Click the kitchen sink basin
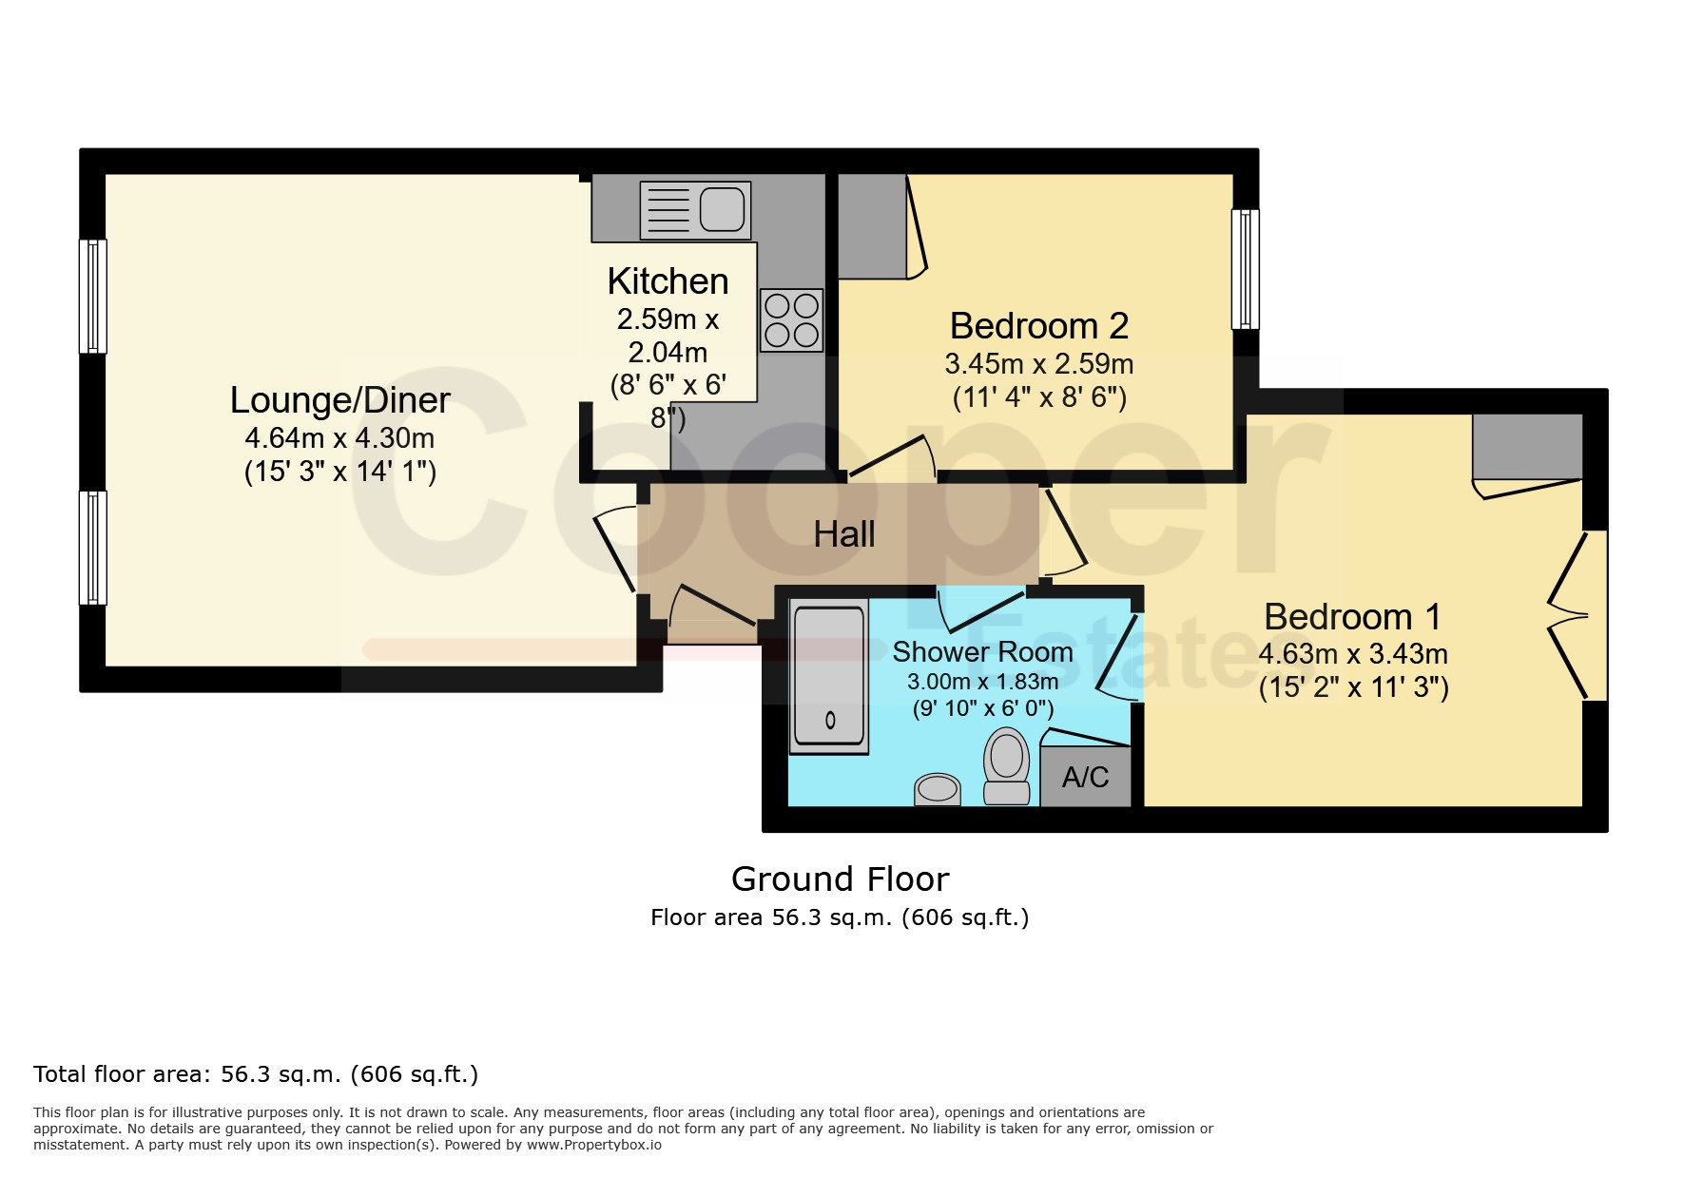click(723, 210)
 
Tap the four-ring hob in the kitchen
click(791, 319)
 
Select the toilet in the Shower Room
click(1006, 766)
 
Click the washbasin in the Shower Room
click(938, 789)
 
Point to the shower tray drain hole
click(830, 721)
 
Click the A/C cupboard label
click(1086, 778)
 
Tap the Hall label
click(844, 534)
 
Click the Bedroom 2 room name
click(1039, 326)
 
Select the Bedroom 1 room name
click(1352, 617)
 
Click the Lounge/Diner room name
click(340, 400)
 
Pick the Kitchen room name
click(668, 281)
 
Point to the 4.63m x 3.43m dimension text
click(1353, 654)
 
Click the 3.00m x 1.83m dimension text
click(983, 682)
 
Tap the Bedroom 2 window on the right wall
click(1246, 269)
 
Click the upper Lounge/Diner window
click(93, 296)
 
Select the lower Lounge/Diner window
click(93, 548)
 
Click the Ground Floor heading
click(841, 879)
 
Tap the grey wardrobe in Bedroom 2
click(872, 226)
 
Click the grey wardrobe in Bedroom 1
click(1527, 447)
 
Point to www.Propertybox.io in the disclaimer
click(594, 1145)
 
